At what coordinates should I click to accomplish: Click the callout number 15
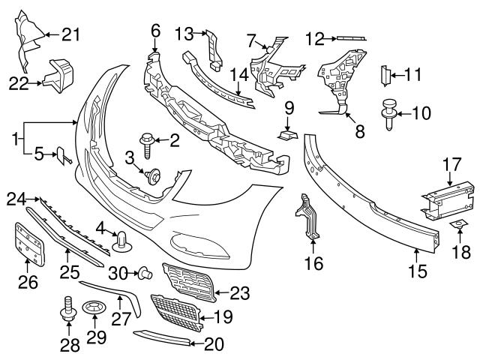pyautogui.click(x=416, y=263)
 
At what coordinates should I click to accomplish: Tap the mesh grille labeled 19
pyautogui.click(x=177, y=313)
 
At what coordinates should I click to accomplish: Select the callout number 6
pyautogui.click(x=155, y=31)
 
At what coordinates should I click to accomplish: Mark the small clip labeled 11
pyautogui.click(x=388, y=75)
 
